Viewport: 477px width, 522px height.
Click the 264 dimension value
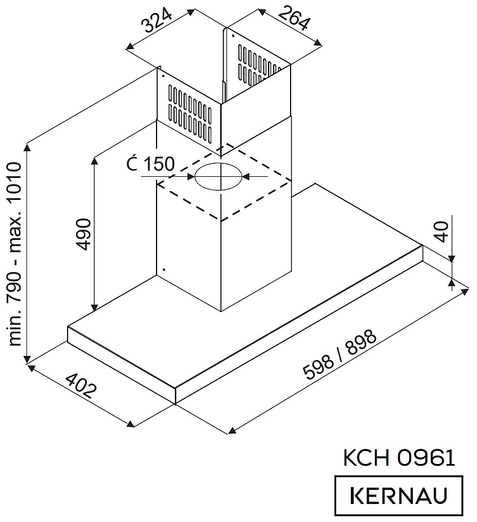tap(292, 18)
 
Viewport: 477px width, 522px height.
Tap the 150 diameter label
tap(158, 164)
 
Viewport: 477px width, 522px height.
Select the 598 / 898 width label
tap(339, 356)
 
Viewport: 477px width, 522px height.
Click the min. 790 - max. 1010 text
tap(15, 253)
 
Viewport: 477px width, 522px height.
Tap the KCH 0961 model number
tap(398, 457)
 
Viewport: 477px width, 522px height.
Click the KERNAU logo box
tap(398, 496)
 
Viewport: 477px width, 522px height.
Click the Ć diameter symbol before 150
tap(131, 164)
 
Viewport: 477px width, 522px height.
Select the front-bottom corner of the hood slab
tap(176, 403)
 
